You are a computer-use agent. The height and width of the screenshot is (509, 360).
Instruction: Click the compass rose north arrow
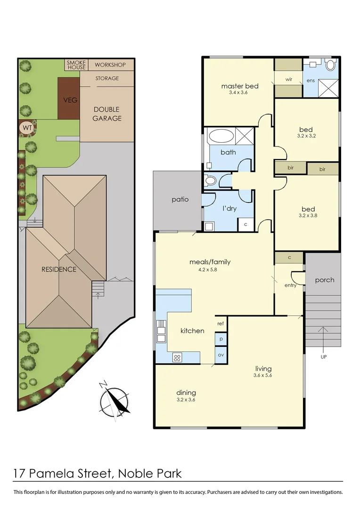point(115,400)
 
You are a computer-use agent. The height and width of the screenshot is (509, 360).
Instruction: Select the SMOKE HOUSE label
point(76,65)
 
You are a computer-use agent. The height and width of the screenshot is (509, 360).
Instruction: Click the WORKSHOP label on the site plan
point(110,65)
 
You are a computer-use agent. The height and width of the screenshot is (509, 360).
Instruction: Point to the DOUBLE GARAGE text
point(106,114)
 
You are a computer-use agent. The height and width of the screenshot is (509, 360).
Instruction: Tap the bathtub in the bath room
point(221,137)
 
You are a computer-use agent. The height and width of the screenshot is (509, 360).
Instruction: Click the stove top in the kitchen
point(177,357)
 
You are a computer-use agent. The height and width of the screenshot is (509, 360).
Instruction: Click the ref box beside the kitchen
point(221,324)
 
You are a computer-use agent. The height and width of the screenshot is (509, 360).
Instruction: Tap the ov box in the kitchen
point(221,354)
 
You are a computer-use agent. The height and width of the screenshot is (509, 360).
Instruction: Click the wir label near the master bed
point(288,80)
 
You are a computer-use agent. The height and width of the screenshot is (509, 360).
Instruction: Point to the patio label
point(180,199)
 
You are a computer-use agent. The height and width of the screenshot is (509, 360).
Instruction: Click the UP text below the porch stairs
point(323,357)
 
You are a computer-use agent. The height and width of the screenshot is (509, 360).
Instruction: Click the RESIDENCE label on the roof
point(58,270)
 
